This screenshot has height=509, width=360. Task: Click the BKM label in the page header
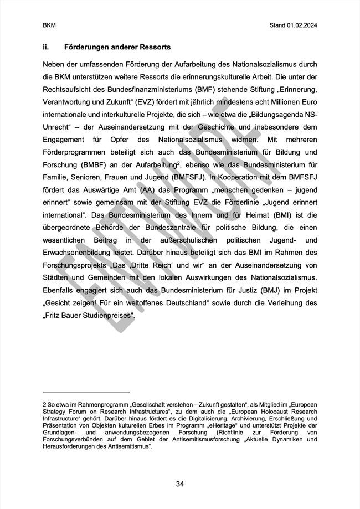48,26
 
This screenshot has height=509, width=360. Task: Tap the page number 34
179,484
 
